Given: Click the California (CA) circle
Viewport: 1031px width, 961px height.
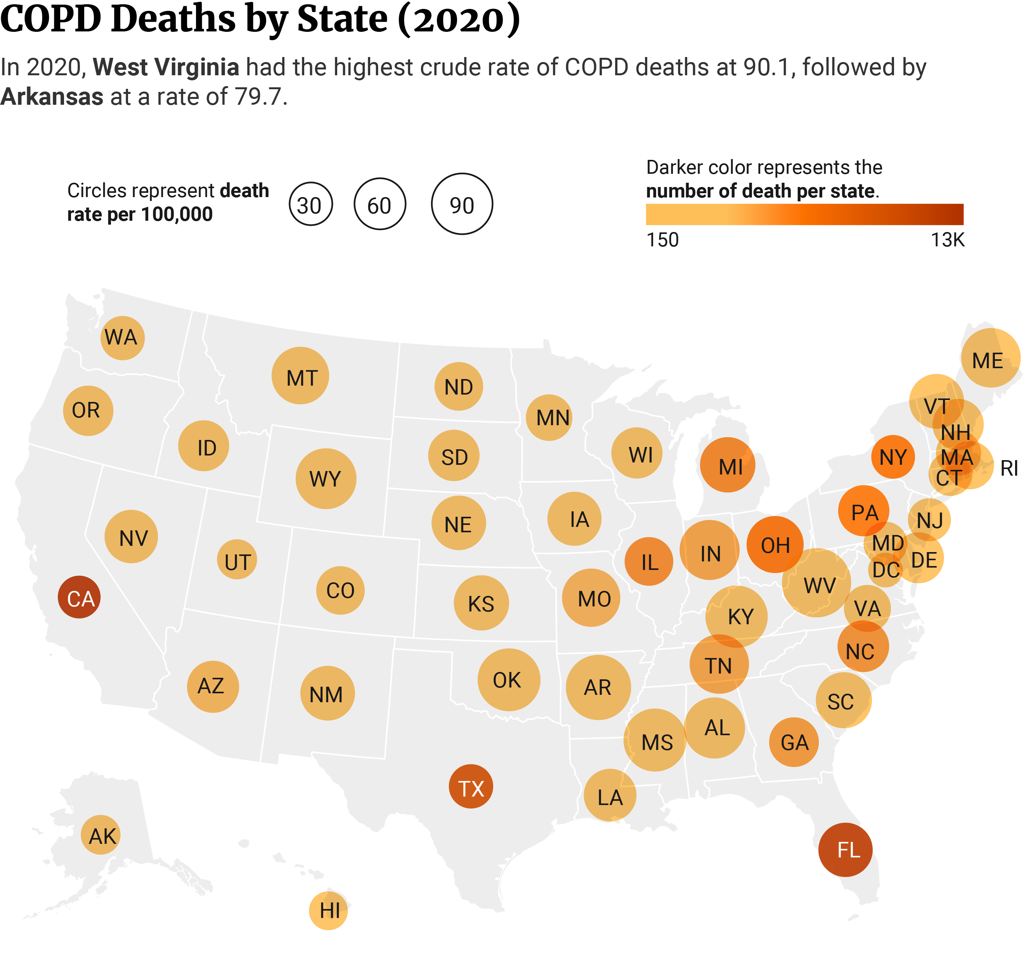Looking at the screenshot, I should point(79,597).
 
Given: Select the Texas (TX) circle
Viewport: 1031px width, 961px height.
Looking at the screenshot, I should point(471,786).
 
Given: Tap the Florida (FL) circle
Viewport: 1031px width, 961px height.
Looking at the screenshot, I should point(846,850).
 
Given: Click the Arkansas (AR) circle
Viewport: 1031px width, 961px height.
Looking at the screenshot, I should point(598,687).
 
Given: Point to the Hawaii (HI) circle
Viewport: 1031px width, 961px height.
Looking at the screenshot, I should point(328,910).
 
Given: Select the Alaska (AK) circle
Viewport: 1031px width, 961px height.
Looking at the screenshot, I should point(101,835).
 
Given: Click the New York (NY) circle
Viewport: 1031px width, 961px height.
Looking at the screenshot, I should point(893,456).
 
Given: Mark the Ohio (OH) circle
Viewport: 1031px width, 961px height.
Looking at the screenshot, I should point(775,545).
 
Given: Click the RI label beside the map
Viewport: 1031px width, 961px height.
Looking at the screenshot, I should point(1009,469).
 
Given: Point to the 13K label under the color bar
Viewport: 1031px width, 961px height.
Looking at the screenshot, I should point(948,240).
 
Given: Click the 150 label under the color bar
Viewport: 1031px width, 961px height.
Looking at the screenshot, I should point(663,240).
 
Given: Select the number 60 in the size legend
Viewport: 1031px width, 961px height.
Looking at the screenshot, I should point(379,206).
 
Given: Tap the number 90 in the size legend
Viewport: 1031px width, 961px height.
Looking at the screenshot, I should point(462,206).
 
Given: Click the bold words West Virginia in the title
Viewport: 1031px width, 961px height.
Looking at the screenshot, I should point(166,68).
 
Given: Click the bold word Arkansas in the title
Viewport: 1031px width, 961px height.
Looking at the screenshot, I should point(52,97).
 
